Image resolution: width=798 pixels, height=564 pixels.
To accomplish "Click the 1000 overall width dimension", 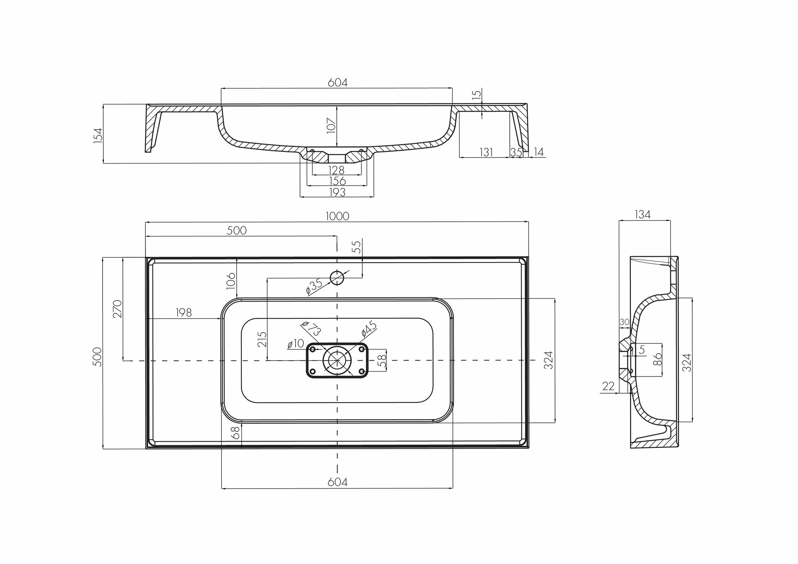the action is click(337, 216).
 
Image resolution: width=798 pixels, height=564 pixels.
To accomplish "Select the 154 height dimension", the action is click(98, 134).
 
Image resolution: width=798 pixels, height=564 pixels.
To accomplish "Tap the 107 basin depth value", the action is click(332, 126).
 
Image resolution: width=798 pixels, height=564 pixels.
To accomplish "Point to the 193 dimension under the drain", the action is click(337, 192).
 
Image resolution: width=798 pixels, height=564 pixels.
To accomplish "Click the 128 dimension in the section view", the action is click(336, 170).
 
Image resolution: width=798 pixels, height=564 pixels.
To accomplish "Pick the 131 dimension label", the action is click(486, 152).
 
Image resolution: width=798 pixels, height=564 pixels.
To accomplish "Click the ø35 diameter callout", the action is click(314, 286).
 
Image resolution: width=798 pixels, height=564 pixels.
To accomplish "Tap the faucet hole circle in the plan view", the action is click(337, 277).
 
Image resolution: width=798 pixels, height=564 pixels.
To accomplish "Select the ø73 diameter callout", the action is click(311, 328).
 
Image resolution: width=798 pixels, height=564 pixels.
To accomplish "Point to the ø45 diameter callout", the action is click(369, 328).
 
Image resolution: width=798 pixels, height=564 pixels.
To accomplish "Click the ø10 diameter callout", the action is click(296, 343).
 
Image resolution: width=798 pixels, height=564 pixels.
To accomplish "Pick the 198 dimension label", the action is click(184, 312).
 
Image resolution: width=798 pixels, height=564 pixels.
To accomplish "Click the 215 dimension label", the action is click(262, 339).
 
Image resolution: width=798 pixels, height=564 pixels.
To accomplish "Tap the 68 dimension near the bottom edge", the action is click(236, 433).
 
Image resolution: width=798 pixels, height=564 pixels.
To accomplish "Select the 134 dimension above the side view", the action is click(642, 215).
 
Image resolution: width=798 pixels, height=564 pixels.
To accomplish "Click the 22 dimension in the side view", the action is click(608, 386).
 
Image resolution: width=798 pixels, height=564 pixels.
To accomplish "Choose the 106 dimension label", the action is click(231, 281).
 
